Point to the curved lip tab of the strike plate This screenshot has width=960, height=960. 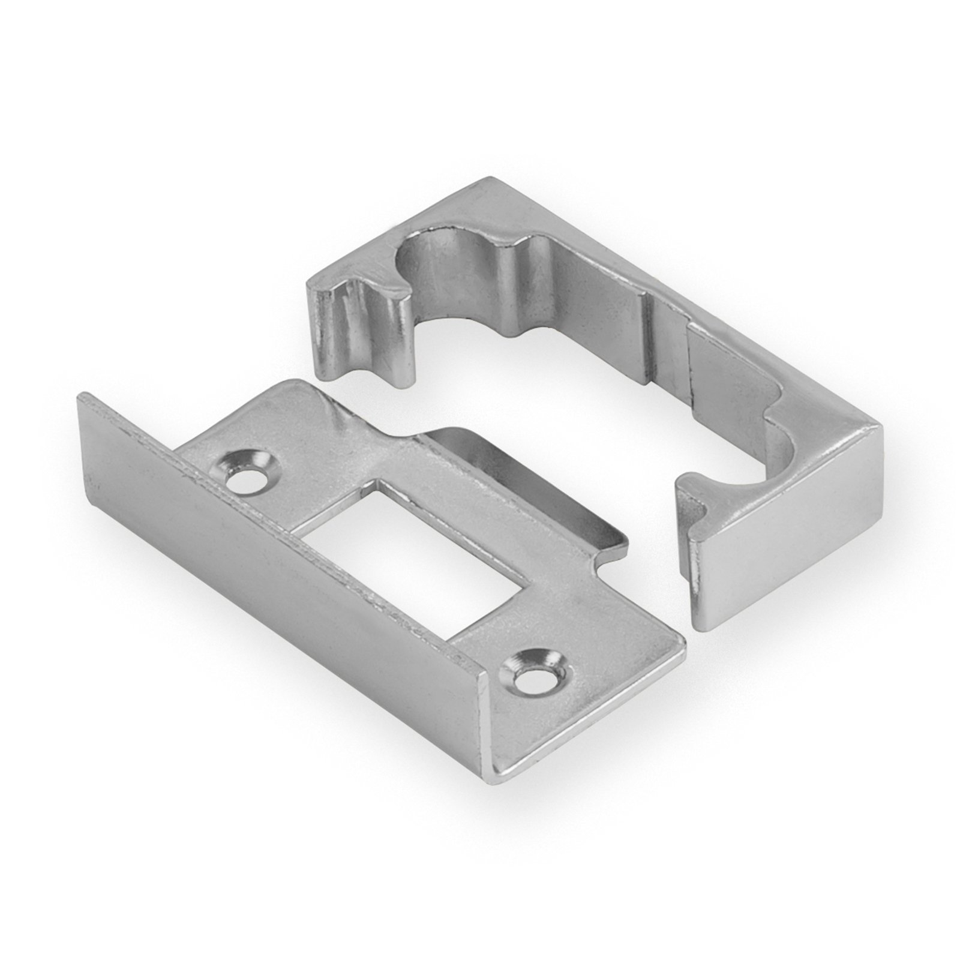[x=528, y=480]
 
